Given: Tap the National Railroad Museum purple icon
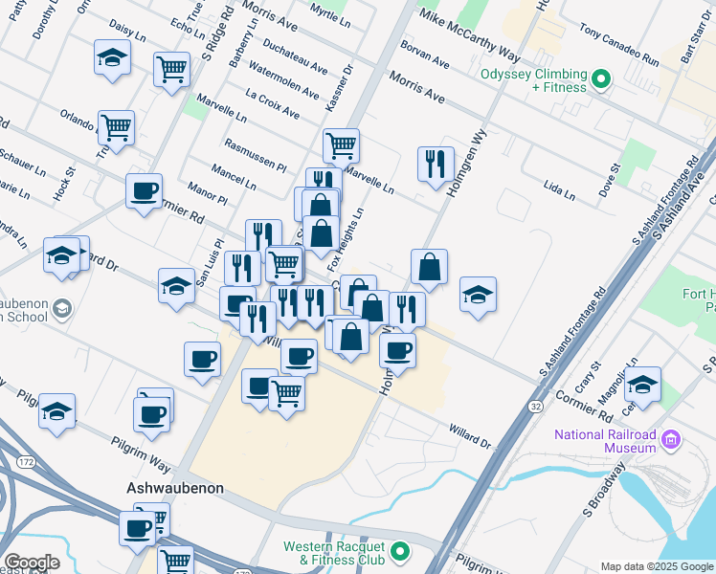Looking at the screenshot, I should pyautogui.click(x=671, y=440).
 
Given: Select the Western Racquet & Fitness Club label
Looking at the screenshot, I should pyautogui.click(x=333, y=553).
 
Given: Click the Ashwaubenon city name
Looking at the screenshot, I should pyautogui.click(x=175, y=488).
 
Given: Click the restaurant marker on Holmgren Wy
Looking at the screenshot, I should pyautogui.click(x=436, y=164).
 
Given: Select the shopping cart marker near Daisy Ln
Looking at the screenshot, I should pyautogui.click(x=172, y=68).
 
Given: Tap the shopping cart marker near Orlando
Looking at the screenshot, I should pyautogui.click(x=117, y=127).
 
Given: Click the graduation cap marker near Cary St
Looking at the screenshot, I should pyautogui.click(x=642, y=384).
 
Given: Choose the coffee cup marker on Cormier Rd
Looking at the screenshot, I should pyautogui.click(x=145, y=189).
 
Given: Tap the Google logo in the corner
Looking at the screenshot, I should pyautogui.click(x=31, y=563).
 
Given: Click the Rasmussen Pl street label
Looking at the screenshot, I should pyautogui.click(x=255, y=153).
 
